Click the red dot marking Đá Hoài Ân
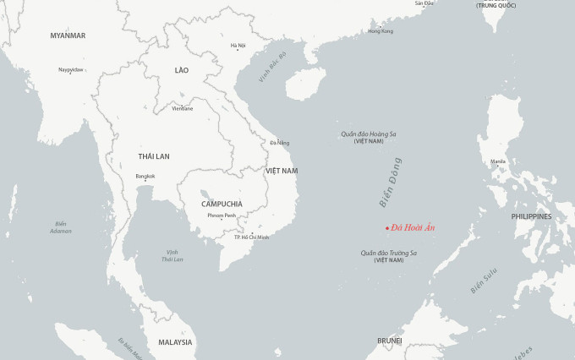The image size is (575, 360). [x=387, y=228]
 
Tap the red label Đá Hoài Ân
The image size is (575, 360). [x=413, y=227]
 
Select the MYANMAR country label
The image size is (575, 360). [x=68, y=35]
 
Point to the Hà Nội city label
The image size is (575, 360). [x=238, y=46]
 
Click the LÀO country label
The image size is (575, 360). [x=182, y=70]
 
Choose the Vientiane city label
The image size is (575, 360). [x=182, y=108]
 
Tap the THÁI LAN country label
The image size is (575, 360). [x=154, y=156]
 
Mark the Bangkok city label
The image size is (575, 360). [x=145, y=176]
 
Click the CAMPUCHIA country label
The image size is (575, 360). [x=222, y=204]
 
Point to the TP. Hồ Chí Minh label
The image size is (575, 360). [x=251, y=237]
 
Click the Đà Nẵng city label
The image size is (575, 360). [x=279, y=143]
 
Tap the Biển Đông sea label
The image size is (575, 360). [x=390, y=183]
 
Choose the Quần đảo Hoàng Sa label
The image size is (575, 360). [x=369, y=134]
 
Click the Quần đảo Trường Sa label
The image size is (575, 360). [x=389, y=253]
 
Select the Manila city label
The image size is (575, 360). [x=498, y=161]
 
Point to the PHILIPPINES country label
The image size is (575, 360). [x=531, y=216]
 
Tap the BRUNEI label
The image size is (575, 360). [x=390, y=341]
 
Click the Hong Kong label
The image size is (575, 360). [x=381, y=31]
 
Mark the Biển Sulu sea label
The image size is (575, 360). [x=485, y=281]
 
